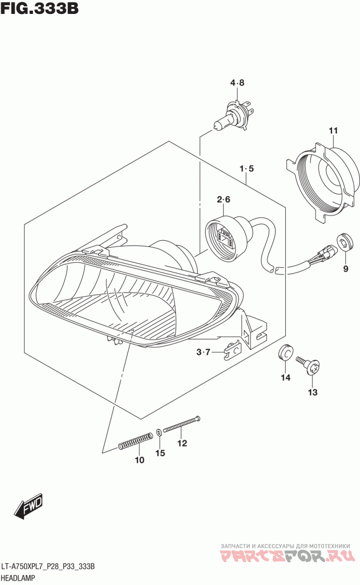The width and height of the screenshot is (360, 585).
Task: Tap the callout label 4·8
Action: (237, 83)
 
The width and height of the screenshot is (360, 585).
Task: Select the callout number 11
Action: (333, 131)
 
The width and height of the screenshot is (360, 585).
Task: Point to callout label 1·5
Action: (247, 169)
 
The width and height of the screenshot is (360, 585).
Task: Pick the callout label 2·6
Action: (223, 200)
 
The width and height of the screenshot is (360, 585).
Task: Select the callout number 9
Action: (346, 269)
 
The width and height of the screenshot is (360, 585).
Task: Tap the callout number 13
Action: (313, 392)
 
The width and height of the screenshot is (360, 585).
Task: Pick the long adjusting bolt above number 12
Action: (181, 424)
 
